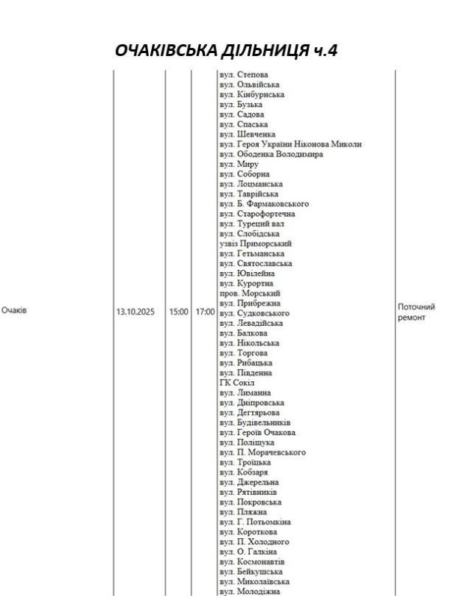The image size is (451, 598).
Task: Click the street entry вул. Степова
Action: pyautogui.click(x=244, y=75)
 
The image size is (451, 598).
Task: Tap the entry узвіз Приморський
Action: pyautogui.click(x=255, y=244)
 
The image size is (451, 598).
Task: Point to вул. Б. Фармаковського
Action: pyautogui.click(x=264, y=203)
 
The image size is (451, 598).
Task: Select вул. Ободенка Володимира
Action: pyautogui.click(x=271, y=155)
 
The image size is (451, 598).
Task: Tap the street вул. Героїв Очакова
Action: pyautogui.click(x=257, y=433)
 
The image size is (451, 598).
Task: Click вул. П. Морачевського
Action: pyautogui.click(x=263, y=452)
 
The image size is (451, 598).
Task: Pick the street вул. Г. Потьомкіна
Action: pyautogui.click(x=255, y=522)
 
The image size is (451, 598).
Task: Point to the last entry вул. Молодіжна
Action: pyautogui.click(x=248, y=591)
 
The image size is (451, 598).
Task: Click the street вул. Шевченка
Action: pyautogui.click(x=247, y=135)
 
